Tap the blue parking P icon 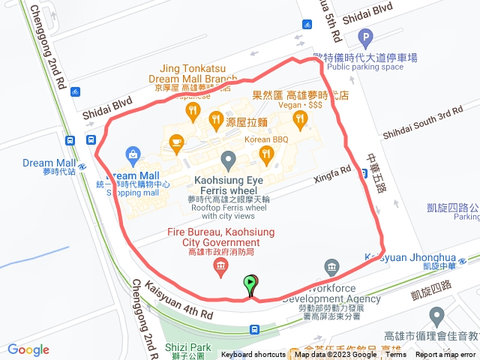(365, 37)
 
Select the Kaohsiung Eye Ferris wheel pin (229, 159)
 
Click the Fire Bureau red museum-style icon (220, 267)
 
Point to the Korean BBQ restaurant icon (265, 155)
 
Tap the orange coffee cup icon (177, 140)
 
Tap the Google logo (28, 349)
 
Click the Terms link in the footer (395, 355)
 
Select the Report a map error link (446, 355)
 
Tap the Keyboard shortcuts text (253, 355)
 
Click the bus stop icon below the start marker (254, 328)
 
